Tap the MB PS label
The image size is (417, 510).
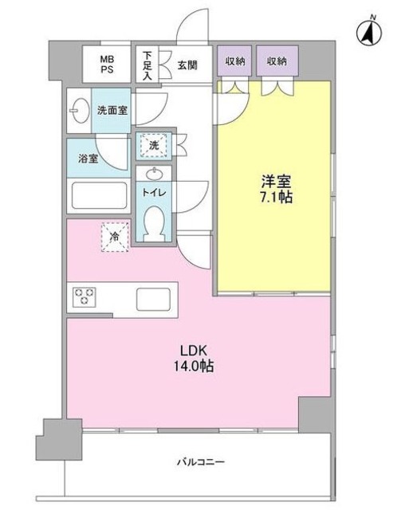click(x=106, y=64)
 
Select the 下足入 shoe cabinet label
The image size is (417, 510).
click(x=148, y=65)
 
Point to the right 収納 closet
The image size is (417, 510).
click(x=277, y=61)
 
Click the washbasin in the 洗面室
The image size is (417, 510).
click(x=79, y=112)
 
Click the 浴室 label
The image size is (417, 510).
click(x=88, y=159)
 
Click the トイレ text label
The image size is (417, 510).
click(x=154, y=192)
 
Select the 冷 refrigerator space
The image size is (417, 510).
click(x=113, y=237)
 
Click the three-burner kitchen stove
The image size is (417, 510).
click(x=85, y=298)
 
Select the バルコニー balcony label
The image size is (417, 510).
click(x=199, y=461)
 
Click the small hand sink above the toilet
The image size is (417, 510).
click(x=154, y=175)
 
